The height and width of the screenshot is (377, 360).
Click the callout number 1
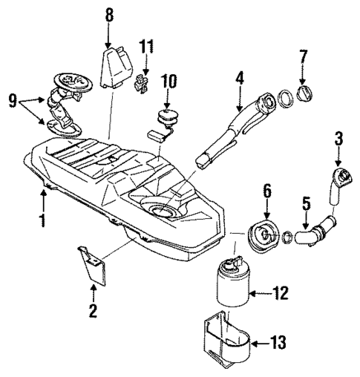(x=42, y=220)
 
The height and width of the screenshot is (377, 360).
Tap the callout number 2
(x=93, y=312)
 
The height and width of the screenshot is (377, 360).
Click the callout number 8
(x=109, y=14)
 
